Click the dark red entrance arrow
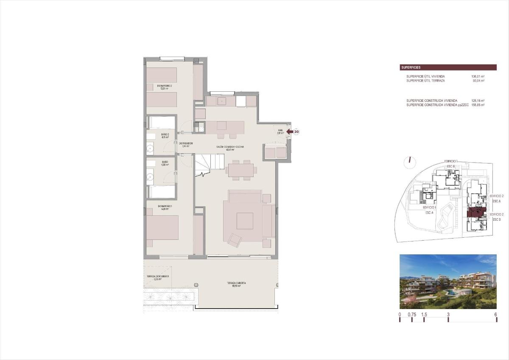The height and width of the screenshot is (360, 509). (290, 132)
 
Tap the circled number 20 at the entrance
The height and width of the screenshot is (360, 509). (296, 132)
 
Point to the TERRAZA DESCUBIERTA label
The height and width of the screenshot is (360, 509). (158, 276)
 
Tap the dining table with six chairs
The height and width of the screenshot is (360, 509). (241, 170)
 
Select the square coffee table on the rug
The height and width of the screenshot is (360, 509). (245, 221)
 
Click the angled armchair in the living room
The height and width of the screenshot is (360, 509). (234, 240)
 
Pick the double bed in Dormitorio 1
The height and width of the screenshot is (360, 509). (162, 228)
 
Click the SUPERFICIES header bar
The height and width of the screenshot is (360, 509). (448, 67)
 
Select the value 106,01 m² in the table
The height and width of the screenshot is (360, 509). (478, 76)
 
